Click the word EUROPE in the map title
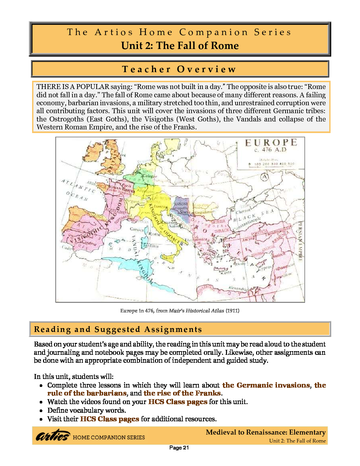click(x=271, y=143)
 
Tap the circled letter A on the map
click(x=264, y=177)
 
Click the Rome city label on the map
click(x=155, y=234)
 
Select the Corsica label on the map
click(x=137, y=229)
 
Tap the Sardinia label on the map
click(x=151, y=246)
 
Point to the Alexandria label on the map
click(x=238, y=289)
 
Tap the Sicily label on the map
click(x=167, y=257)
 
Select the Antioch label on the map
click(x=278, y=255)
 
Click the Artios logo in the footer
click(x=53, y=436)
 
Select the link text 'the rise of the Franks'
click(x=182, y=393)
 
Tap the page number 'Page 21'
click(x=179, y=448)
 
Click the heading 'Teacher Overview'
click(x=179, y=69)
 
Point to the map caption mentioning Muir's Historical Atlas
click(x=180, y=311)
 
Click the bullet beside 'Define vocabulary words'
click(x=41, y=411)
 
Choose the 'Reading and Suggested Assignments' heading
click(x=118, y=329)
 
